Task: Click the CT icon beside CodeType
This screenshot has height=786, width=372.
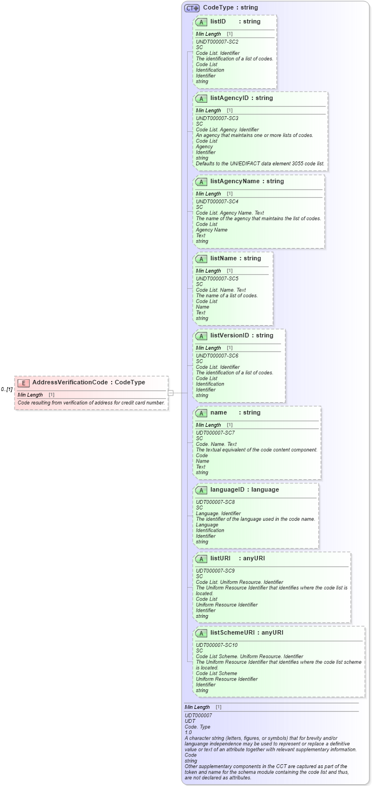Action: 192,8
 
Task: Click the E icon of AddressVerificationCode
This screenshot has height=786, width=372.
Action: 23,383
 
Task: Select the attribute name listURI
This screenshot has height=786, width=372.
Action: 220,558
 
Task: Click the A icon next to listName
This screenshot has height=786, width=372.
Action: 201,259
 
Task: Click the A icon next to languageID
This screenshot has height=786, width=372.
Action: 201,490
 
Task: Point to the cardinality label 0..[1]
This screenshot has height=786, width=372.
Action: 7,389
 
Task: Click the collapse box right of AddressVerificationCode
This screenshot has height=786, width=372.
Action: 171,393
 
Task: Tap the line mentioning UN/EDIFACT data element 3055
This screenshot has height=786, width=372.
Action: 260,164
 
